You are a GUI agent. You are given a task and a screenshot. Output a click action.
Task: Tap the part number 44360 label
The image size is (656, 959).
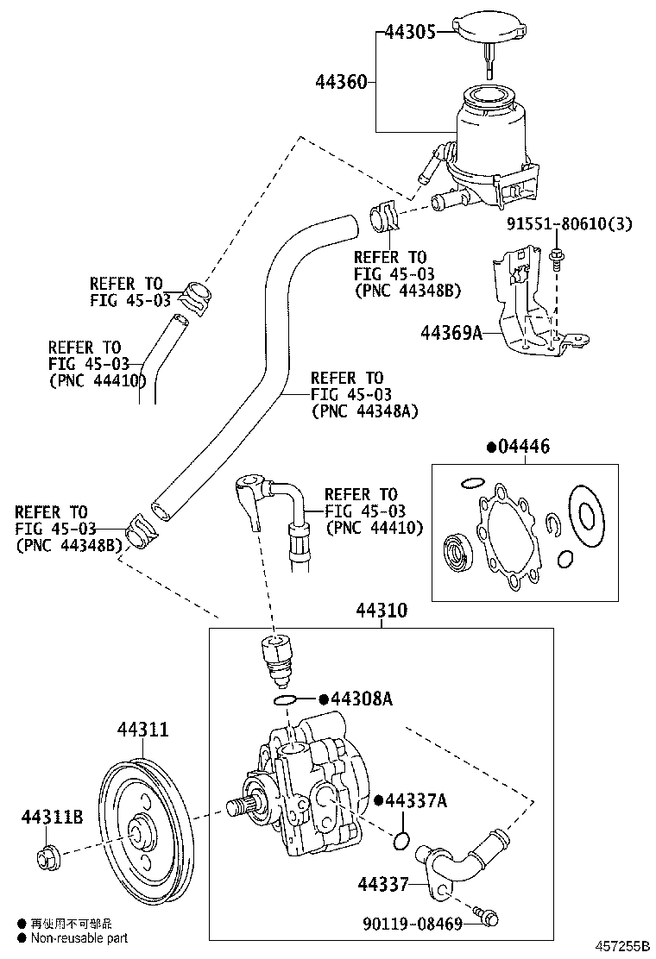[x=340, y=83]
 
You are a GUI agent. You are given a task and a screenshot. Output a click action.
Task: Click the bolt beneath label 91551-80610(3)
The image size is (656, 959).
[x=555, y=255]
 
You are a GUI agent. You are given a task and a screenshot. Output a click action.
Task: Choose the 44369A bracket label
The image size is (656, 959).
[x=451, y=331]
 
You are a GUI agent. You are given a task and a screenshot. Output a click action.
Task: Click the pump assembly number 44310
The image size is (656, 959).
[x=381, y=611]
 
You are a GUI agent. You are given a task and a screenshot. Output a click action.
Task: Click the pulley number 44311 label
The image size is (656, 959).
[x=142, y=731]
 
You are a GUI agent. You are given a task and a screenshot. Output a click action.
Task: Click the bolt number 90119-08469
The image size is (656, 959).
[x=410, y=925]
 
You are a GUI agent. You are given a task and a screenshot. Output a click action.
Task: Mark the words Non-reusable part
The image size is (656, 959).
[x=79, y=937]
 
